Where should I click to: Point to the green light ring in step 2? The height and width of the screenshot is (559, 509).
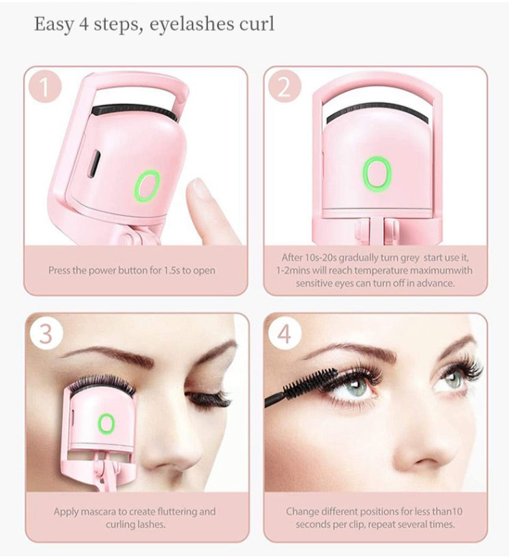(376, 173)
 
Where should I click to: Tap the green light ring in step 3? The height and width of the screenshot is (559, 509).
(106, 424)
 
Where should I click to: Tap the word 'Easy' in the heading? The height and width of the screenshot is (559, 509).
(54, 25)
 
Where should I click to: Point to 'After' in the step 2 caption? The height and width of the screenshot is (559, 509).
(293, 258)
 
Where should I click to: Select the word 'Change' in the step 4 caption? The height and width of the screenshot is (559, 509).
(302, 511)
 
